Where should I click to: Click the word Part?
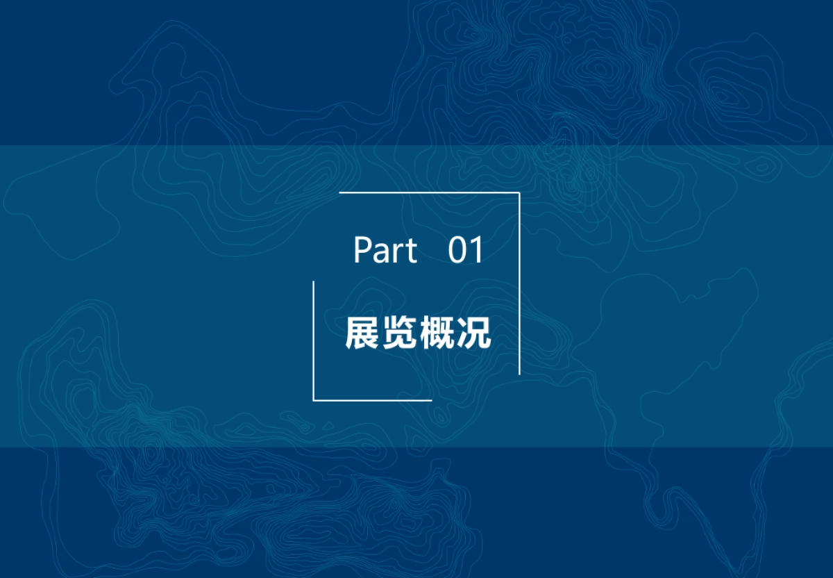pyautogui.click(x=385, y=251)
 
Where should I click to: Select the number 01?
pyautogui.click(x=466, y=251)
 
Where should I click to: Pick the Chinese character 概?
pyautogui.click(x=436, y=334)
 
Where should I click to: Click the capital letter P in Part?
pyautogui.click(x=361, y=251)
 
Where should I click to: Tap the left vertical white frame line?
pyautogui.click(x=314, y=340)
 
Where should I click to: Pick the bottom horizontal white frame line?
pyautogui.click(x=373, y=400)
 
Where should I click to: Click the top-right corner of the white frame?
pyautogui.click(x=519, y=192)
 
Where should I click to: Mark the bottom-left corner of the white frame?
pyautogui.click(x=314, y=400)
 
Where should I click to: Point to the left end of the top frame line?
pyautogui.click(x=340, y=192)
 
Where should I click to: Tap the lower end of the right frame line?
pyautogui.click(x=519, y=374)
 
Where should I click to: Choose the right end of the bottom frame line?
pyautogui.click(x=431, y=400)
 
